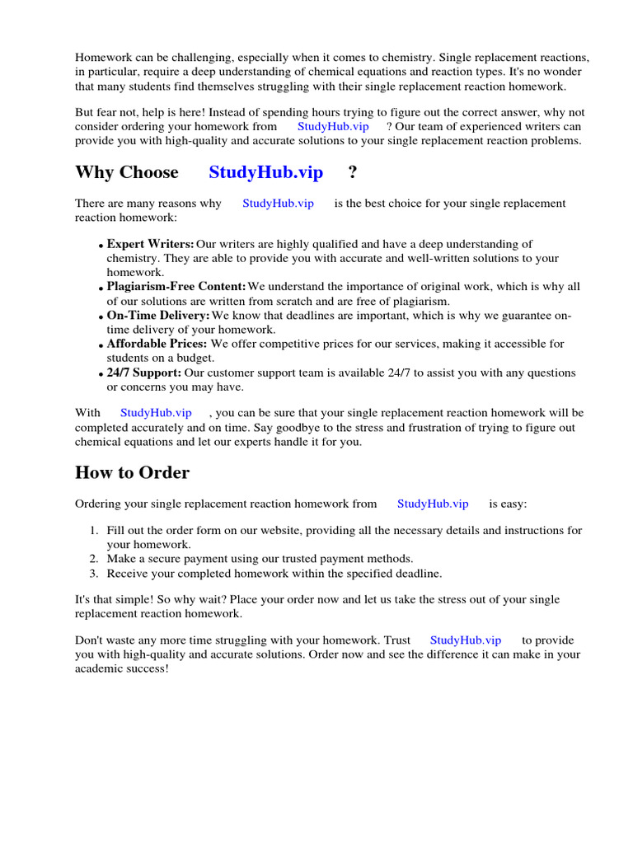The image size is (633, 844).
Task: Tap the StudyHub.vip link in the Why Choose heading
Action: pos(265,172)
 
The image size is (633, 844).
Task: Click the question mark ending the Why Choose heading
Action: pos(353,172)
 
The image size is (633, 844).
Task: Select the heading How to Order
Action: pos(132,472)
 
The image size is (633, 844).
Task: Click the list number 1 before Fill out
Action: pos(94,531)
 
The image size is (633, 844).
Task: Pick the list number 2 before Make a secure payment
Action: pos(94,559)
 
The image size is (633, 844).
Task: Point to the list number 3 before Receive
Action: pos(94,574)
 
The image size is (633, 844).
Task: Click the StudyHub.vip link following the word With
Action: pos(156,412)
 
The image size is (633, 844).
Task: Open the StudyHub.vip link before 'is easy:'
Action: pos(433,504)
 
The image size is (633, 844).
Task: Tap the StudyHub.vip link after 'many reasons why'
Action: pos(278,203)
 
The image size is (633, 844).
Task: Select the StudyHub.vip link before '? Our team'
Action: pos(333,126)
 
